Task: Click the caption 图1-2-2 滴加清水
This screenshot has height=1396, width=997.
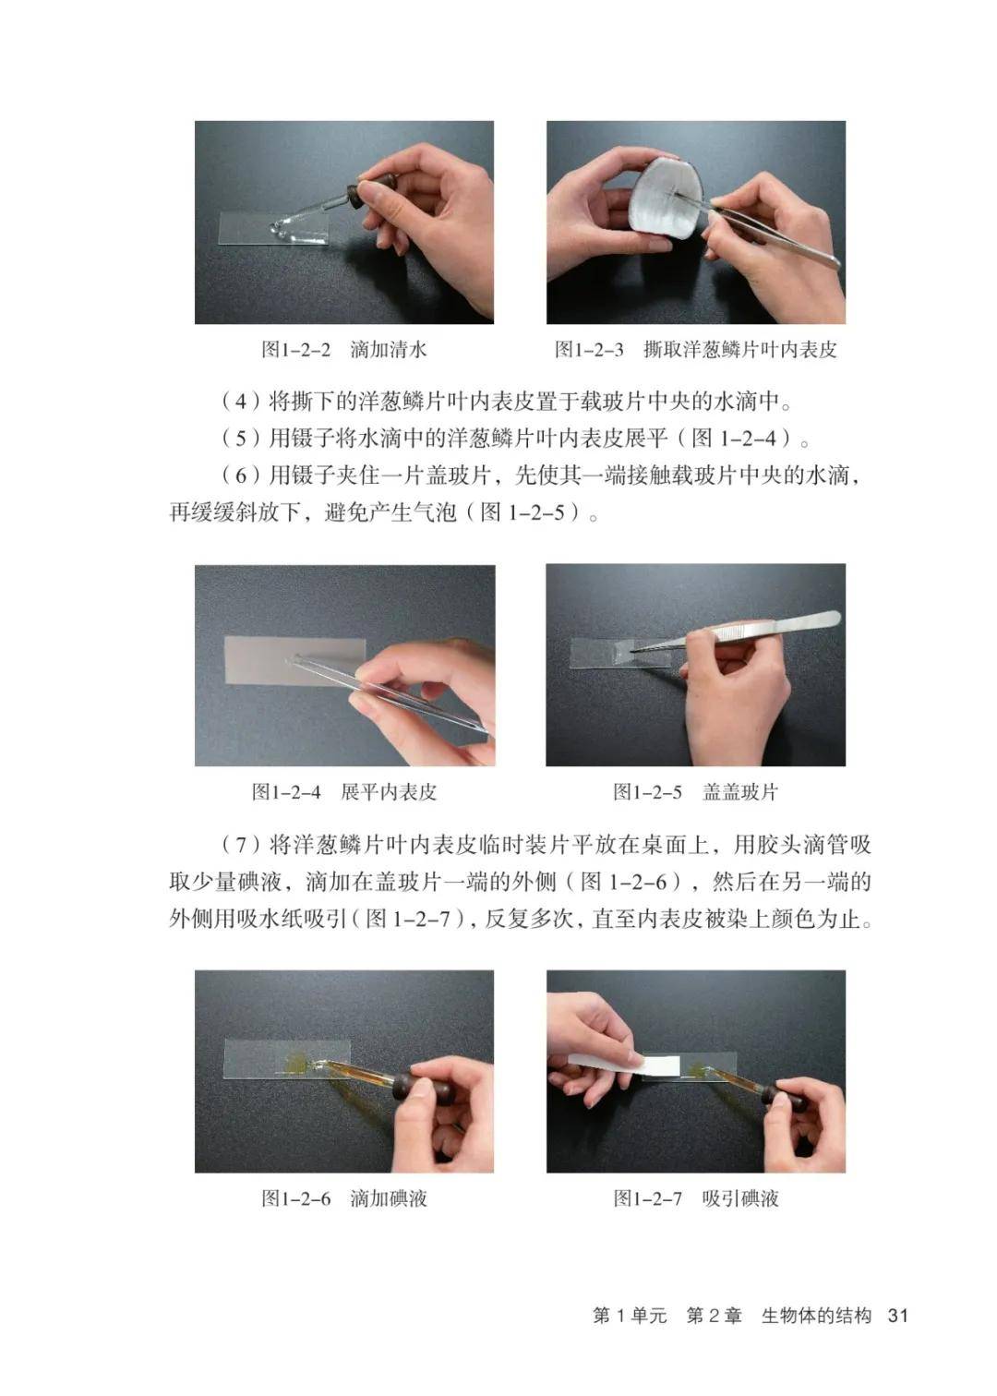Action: tap(344, 349)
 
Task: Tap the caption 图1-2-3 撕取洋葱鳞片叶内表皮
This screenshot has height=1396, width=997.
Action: tap(695, 349)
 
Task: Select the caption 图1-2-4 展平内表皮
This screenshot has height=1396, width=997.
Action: tap(344, 791)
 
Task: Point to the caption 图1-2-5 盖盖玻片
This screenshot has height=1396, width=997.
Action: tap(695, 791)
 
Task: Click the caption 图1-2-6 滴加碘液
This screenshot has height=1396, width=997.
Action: tap(344, 1197)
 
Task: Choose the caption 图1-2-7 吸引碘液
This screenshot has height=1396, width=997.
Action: tap(695, 1197)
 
